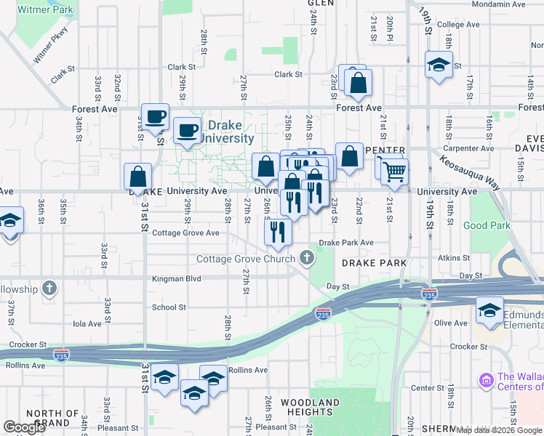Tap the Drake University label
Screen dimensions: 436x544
click(x=226, y=132)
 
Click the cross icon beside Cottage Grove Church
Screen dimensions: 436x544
click(x=308, y=258)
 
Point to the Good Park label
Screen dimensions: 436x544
click(x=487, y=225)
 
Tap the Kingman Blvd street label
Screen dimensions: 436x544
click(x=176, y=278)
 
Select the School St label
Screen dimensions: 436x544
click(x=169, y=307)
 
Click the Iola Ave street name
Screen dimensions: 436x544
click(x=87, y=323)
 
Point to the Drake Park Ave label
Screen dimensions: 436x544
click(x=346, y=243)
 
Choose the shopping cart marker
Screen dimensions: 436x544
click(x=393, y=172)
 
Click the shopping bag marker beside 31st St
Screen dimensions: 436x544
click(x=138, y=177)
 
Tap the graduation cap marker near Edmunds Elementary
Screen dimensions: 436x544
click(x=489, y=310)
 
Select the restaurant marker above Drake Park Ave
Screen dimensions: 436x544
click(x=278, y=232)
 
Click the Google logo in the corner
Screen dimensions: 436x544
click(x=25, y=427)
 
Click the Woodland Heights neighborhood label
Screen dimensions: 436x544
click(x=310, y=407)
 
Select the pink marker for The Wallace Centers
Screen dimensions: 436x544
click(x=486, y=380)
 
